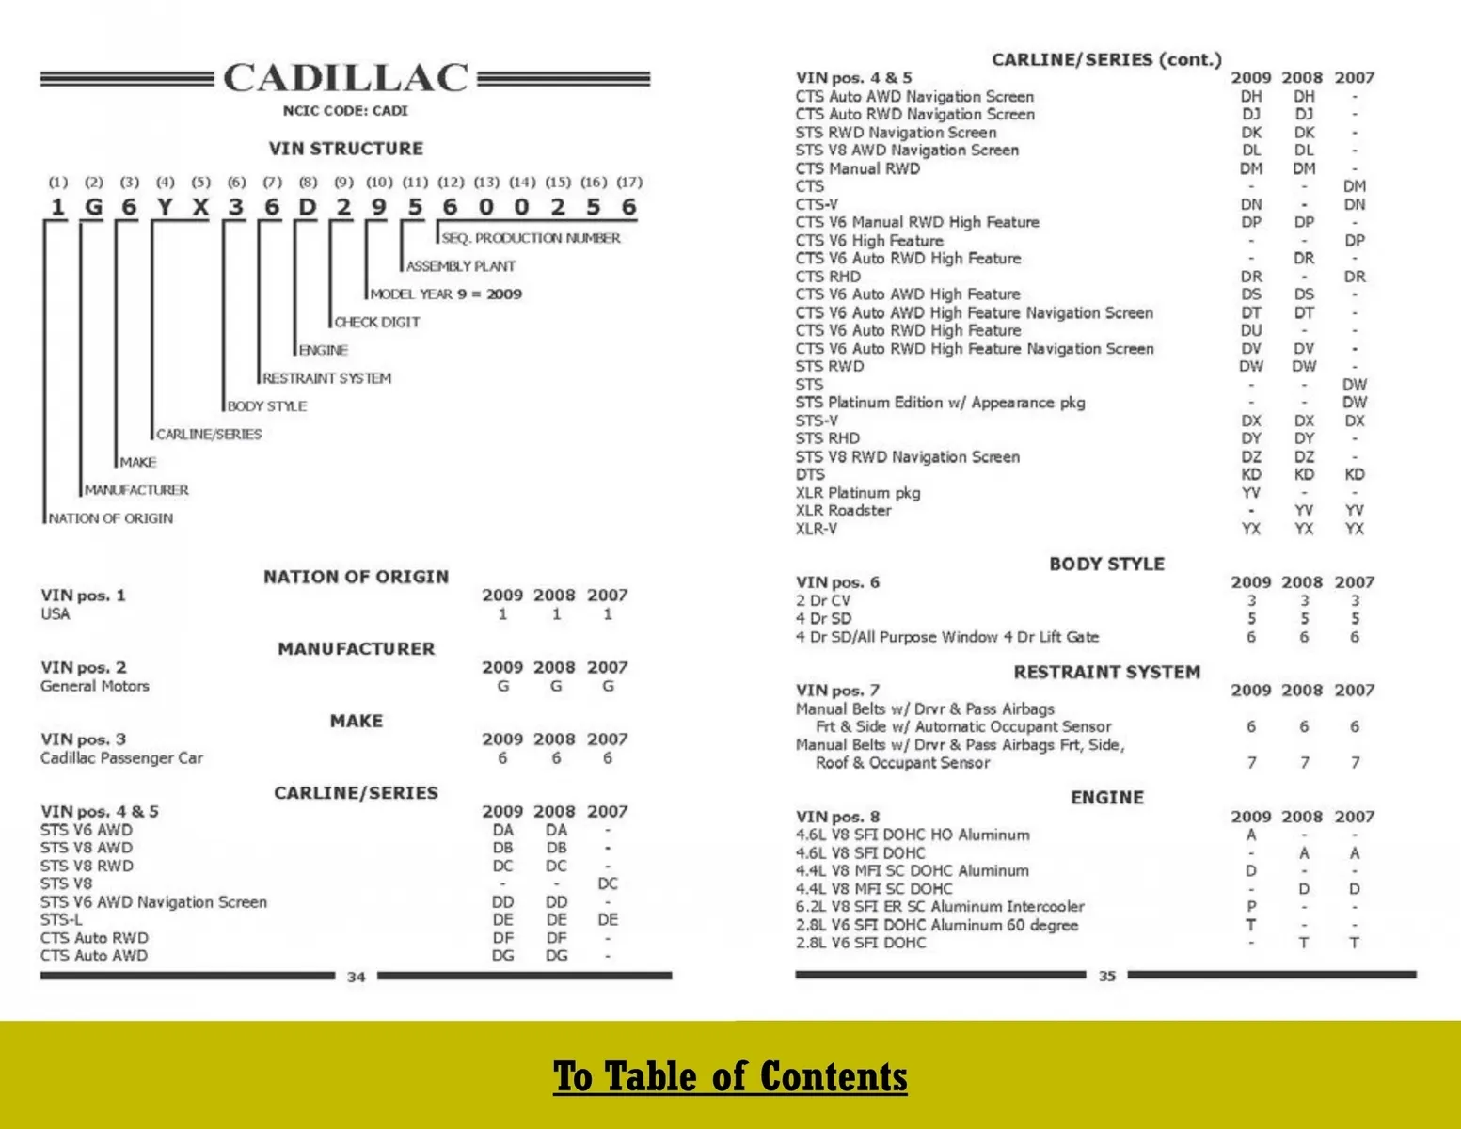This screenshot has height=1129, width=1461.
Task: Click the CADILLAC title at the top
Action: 345,78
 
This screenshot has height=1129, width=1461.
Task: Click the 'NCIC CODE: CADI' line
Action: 345,111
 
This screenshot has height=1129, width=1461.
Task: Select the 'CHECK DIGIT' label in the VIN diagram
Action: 377,322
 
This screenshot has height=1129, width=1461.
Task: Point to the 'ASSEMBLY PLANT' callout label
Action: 461,266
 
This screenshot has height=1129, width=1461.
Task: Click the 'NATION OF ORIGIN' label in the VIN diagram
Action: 111,518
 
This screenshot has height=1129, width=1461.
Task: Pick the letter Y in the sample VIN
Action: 165,207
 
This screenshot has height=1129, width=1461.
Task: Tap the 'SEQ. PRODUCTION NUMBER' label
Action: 532,238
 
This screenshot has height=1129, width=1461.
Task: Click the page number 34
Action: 356,978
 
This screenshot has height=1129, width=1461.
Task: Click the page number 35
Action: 1107,977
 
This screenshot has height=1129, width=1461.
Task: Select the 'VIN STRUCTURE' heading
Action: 345,149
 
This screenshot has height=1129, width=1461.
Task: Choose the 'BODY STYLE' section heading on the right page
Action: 1106,564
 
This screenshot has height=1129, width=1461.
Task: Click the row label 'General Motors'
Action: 95,687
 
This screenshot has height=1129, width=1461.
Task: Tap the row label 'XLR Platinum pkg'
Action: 858,493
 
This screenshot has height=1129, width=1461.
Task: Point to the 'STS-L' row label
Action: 61,920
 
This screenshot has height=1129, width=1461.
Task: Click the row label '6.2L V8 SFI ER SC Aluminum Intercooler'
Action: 940,907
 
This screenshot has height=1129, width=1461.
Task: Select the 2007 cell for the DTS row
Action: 1355,475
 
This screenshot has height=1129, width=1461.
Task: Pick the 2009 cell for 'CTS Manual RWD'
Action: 1251,168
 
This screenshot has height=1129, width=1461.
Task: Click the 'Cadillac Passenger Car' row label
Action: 121,758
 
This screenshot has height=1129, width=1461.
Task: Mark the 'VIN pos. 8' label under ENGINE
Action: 837,817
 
